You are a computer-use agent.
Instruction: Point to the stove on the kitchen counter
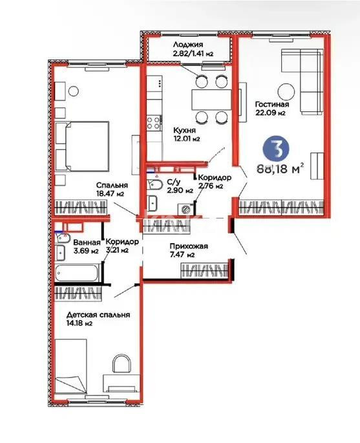[154, 120]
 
